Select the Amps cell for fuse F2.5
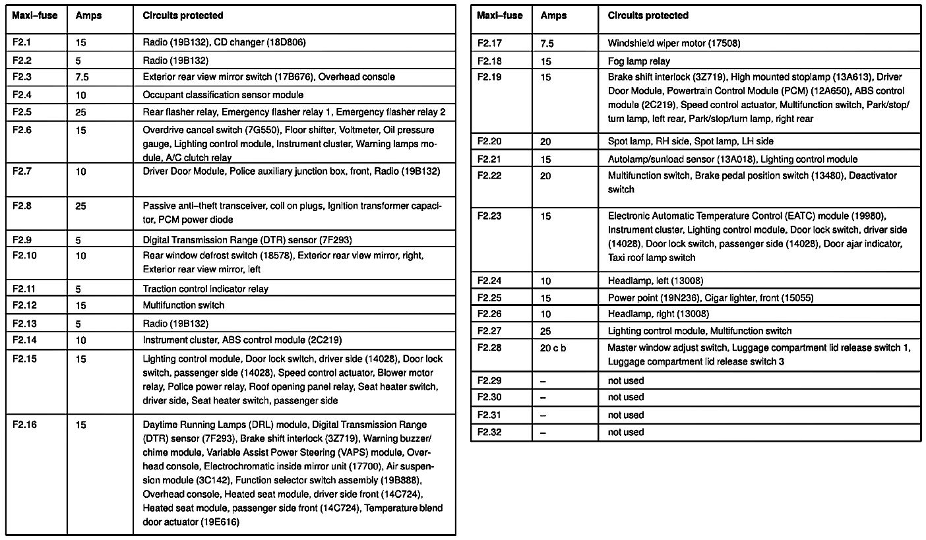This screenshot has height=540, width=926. (x=81, y=112)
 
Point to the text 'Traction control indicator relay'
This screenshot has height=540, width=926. (x=205, y=288)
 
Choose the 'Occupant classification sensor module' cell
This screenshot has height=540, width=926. (x=223, y=95)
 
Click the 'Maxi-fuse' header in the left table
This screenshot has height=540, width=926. (x=28, y=15)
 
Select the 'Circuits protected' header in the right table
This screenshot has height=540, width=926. (x=648, y=15)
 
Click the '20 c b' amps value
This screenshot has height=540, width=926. (x=553, y=347)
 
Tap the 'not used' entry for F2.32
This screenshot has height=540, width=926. (x=625, y=432)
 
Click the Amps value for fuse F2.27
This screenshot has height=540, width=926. (x=546, y=330)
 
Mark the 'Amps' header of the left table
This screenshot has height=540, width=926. (x=88, y=15)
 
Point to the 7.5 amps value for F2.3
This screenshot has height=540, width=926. (x=82, y=77)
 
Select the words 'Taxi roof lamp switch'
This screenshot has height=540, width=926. (x=651, y=258)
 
